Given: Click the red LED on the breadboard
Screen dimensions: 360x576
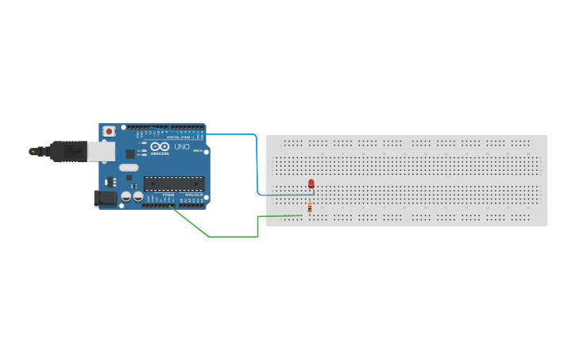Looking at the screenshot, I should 311,184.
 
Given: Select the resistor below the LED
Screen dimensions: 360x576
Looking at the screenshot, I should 309,209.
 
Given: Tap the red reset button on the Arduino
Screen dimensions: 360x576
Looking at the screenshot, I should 109,130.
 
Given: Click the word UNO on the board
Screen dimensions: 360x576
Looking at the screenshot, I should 181,147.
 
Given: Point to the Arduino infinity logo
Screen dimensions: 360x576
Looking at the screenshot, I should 160,147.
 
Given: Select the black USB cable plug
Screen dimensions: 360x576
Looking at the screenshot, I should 68,150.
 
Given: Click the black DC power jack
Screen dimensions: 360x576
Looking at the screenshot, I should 105,197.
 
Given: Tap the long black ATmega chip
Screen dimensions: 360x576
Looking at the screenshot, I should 173,184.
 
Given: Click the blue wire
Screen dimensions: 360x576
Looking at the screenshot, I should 256,159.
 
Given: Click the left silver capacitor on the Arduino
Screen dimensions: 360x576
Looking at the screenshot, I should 126,195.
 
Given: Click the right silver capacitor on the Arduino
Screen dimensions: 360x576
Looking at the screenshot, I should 137,195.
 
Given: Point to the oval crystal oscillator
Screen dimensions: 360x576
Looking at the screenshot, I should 129,168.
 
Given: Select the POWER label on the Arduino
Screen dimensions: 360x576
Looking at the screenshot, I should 168,195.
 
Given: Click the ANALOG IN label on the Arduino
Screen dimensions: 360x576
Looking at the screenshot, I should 193,195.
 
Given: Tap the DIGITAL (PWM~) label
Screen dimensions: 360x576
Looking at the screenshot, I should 176,137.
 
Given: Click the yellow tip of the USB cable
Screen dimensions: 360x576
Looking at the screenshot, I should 33,150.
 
